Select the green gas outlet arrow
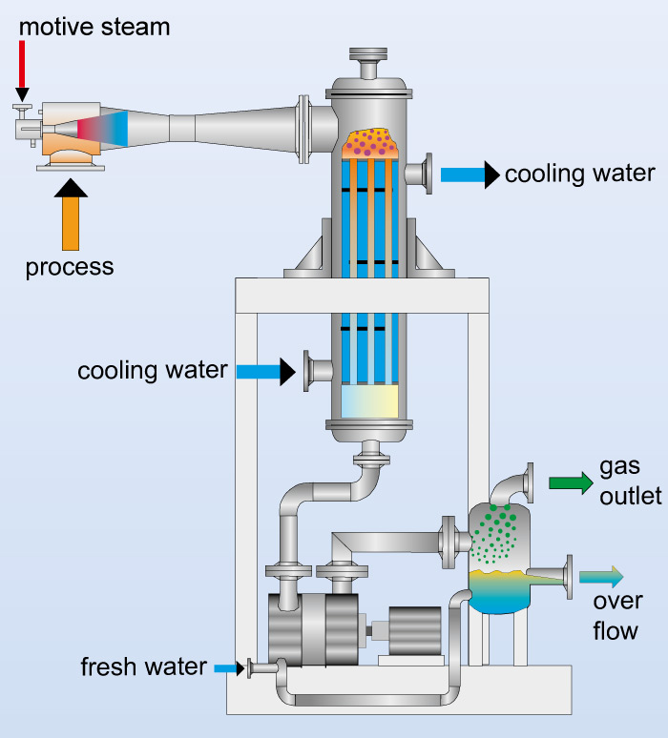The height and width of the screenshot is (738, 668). click(571, 482)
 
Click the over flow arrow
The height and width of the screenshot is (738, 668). click(600, 576)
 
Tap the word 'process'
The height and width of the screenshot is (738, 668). click(70, 267)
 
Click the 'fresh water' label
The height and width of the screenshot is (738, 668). click(144, 666)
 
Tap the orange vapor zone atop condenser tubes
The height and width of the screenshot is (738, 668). click(369, 142)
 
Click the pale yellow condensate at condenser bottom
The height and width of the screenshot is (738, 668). click(369, 401)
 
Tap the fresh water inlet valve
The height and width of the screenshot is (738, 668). click(251, 668)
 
